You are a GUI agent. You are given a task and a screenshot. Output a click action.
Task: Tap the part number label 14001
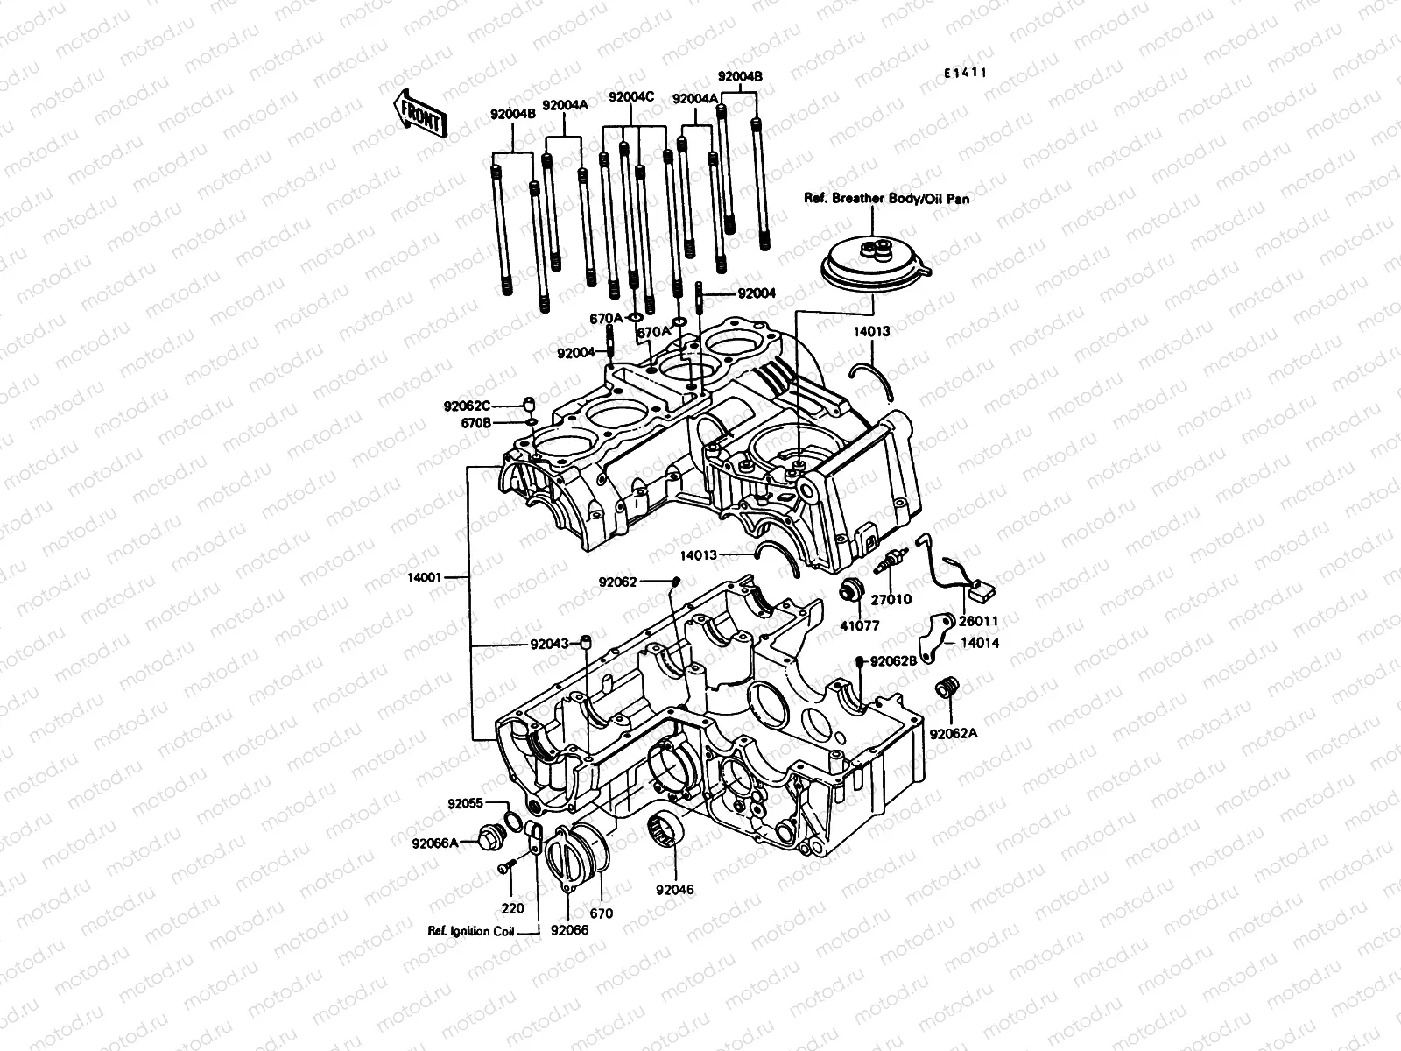[426, 578]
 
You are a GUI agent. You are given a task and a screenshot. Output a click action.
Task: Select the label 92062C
[467, 406]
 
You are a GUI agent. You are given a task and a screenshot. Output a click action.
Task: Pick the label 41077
[859, 626]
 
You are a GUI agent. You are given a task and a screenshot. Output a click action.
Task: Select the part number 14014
[980, 643]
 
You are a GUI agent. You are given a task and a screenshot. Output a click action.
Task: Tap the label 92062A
[954, 735]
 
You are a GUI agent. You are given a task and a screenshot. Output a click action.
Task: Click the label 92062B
[893, 661]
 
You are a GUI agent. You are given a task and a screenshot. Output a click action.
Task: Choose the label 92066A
[435, 843]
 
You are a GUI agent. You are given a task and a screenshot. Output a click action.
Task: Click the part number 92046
[675, 890]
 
